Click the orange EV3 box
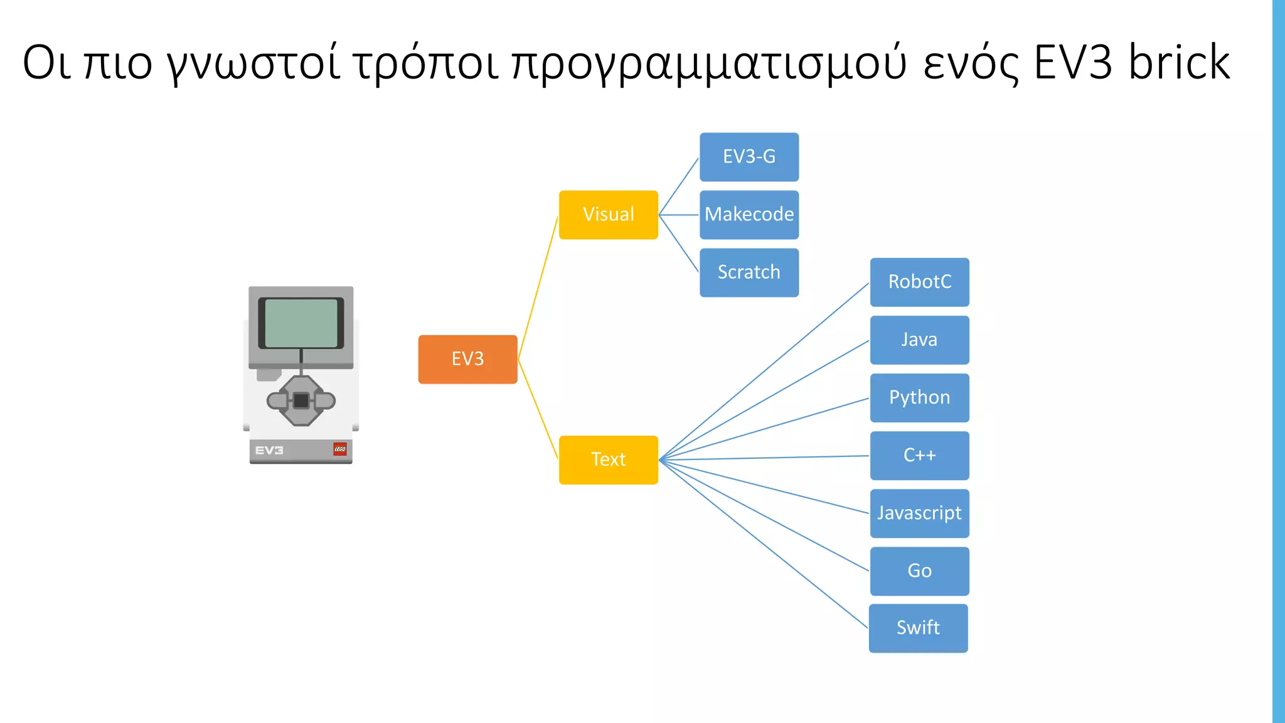467,359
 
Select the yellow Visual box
608,215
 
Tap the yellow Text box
608,459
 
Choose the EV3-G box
749,157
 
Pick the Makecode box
749,215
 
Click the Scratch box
749,272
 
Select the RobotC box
919,282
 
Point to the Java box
919,340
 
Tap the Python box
919,398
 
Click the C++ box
919,456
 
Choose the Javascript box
919,513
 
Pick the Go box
919,571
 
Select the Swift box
918,628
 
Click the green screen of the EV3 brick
301,323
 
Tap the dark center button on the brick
301,400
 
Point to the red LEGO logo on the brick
339,449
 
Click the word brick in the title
1179,62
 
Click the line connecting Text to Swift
764,544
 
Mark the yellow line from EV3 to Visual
538,288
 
